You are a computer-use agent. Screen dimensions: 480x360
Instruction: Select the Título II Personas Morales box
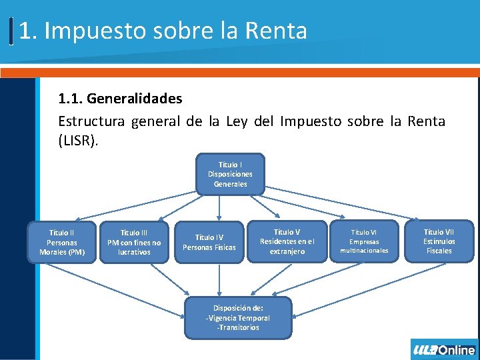pyautogui.click(x=62, y=242)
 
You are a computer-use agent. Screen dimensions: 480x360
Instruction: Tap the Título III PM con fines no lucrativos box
pyautogui.click(x=134, y=242)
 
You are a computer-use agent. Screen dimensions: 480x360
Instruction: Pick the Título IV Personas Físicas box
pyautogui.click(x=209, y=242)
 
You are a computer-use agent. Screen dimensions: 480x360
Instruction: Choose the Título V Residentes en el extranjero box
pyautogui.click(x=287, y=241)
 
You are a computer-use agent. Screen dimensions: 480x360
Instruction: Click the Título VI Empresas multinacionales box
pyautogui.click(x=364, y=241)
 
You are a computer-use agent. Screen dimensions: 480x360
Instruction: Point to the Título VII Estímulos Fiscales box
pyautogui.click(x=439, y=241)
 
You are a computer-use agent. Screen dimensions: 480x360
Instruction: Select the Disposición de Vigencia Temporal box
pyautogui.click(x=237, y=318)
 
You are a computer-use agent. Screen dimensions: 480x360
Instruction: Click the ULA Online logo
pyautogui.click(x=444, y=349)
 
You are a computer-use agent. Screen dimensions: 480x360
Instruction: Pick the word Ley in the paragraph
pyautogui.click(x=237, y=121)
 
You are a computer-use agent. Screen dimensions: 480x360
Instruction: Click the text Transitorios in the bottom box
pyautogui.click(x=238, y=327)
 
